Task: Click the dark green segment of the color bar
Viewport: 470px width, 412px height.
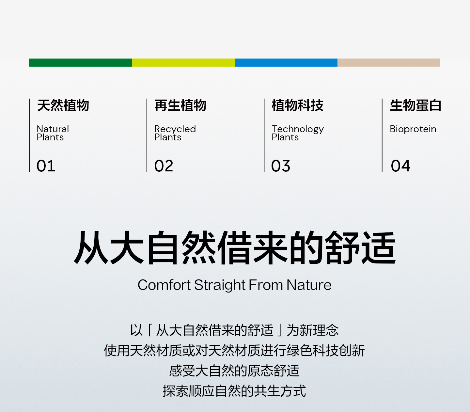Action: coord(81,63)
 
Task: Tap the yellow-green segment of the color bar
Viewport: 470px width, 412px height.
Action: coord(183,63)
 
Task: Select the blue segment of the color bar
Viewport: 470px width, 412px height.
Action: coord(286,63)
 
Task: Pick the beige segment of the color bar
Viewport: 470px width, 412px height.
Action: coord(389,63)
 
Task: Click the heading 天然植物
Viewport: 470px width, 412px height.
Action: coord(63,105)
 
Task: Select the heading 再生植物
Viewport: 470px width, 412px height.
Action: coord(180,105)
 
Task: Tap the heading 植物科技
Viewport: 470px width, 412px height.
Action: coord(298,105)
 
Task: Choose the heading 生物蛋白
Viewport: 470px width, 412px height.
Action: coord(415,105)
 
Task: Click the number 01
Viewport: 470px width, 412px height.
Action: coord(46,166)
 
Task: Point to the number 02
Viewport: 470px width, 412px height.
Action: coord(164,166)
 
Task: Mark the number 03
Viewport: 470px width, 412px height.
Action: coord(281,166)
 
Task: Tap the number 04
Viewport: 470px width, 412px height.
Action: coord(400,166)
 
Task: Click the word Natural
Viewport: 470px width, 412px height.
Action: coord(53,129)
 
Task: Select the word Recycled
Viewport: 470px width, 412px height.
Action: coord(175,129)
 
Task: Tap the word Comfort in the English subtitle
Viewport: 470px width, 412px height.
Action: coord(164,285)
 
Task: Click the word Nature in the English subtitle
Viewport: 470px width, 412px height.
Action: coord(309,285)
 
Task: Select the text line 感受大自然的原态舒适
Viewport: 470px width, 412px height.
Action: coord(234,371)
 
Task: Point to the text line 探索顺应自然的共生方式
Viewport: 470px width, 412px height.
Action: coord(234,391)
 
